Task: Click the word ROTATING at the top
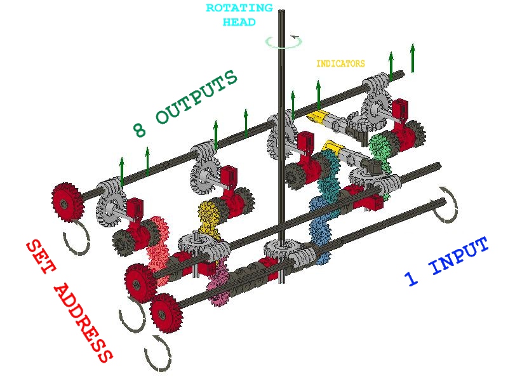pyautogui.click(x=239, y=9)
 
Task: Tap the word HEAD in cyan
pyautogui.click(x=239, y=22)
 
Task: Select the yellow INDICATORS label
pyautogui.click(x=340, y=63)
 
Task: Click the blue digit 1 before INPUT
pyautogui.click(x=411, y=277)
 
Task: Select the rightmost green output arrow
pyautogui.click(x=413, y=58)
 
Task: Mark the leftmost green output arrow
pyautogui.click(x=122, y=171)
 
